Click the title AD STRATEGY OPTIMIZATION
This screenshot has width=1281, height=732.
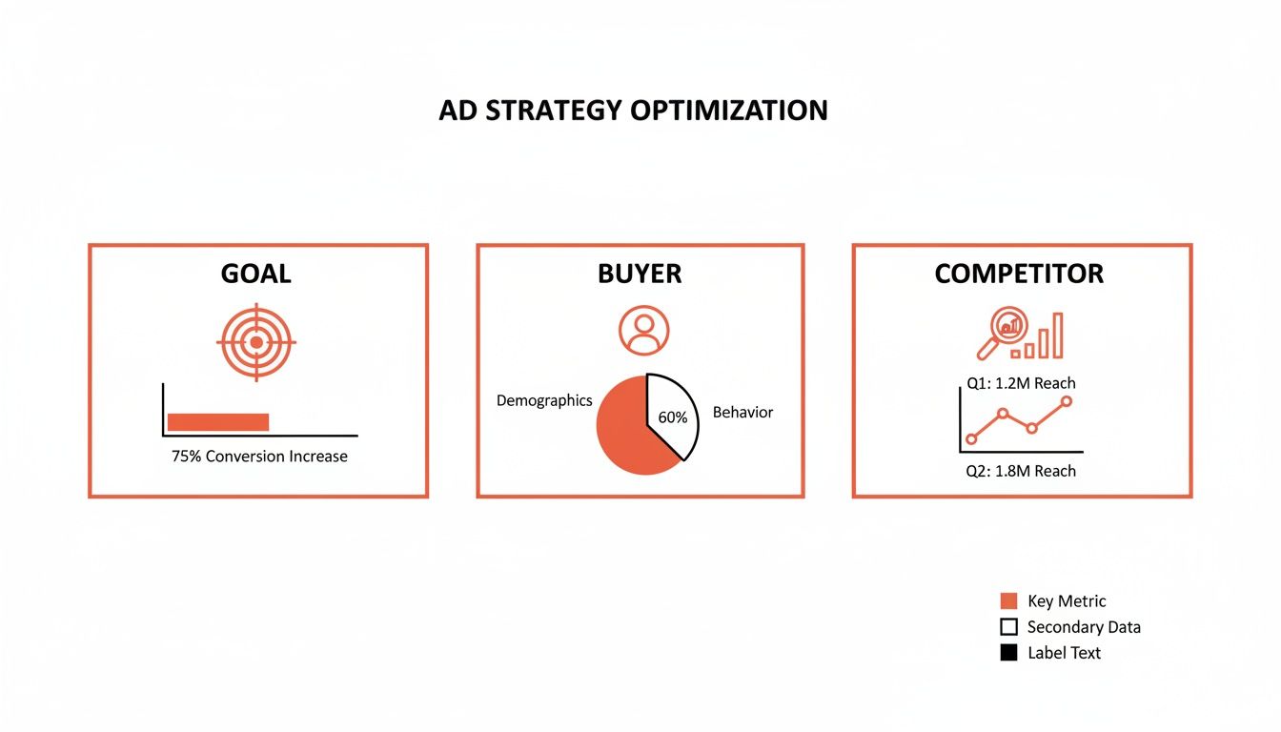pyautogui.click(x=633, y=111)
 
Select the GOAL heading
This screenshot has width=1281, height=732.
pyautogui.click(x=255, y=274)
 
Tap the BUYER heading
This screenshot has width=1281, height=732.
pyautogui.click(x=640, y=274)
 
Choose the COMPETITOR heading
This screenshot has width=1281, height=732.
pyautogui.click(x=1019, y=274)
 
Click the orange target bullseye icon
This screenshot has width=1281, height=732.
pyautogui.click(x=255, y=341)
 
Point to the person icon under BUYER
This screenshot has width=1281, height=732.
pyautogui.click(x=643, y=331)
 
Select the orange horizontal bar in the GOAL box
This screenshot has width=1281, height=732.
pyautogui.click(x=218, y=422)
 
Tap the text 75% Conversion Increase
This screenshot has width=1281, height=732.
pyautogui.click(x=259, y=457)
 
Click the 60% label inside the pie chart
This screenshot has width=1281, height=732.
pyautogui.click(x=672, y=417)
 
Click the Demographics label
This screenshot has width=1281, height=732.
pyautogui.click(x=544, y=401)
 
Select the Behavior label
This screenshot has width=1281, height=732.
pyautogui.click(x=742, y=413)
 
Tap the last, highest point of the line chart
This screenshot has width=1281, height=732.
pyautogui.click(x=1066, y=401)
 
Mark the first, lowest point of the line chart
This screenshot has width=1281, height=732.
pyautogui.click(x=971, y=439)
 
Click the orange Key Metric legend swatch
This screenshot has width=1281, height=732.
pyautogui.click(x=1008, y=601)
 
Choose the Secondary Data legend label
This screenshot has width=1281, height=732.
pyautogui.click(x=1084, y=627)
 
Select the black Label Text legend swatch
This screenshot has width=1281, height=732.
pyautogui.click(x=1008, y=653)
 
